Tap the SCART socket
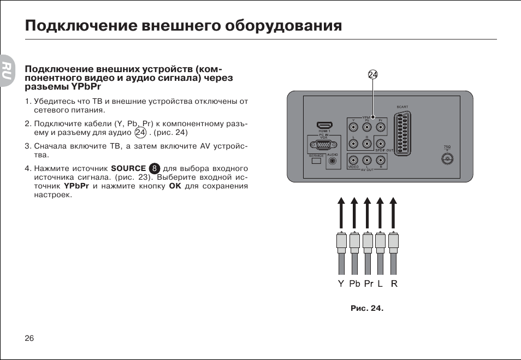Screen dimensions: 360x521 point(402,132)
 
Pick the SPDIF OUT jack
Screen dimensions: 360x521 point(381,144)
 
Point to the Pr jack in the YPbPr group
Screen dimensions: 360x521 point(381,128)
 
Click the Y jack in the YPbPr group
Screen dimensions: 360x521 point(354,128)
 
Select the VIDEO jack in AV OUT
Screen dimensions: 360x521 point(354,161)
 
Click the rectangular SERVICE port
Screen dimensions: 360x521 point(316,161)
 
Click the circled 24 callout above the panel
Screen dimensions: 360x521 point(373,75)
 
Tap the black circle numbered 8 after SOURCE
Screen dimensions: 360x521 point(155,168)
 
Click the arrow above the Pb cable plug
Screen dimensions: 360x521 point(354,213)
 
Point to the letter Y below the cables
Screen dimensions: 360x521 point(341,284)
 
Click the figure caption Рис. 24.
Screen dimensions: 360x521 point(366,308)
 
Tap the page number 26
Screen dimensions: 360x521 point(29,338)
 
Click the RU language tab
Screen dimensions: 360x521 point(6,71)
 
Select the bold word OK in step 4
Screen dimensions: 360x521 point(175,186)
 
